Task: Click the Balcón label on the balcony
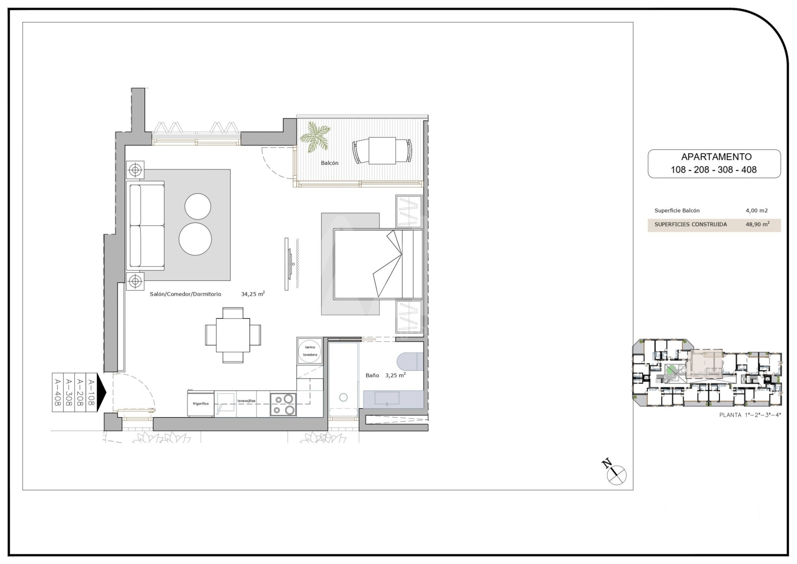[x=329, y=163]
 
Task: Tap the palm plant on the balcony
[x=315, y=137]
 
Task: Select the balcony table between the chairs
[x=382, y=151]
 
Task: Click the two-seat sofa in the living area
[x=145, y=226]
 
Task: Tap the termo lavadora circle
[x=310, y=351]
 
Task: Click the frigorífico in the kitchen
[x=201, y=403]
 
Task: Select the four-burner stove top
[x=283, y=405]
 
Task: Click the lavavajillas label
[x=246, y=401]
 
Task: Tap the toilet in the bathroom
[x=410, y=362]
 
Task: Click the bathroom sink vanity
[x=393, y=399]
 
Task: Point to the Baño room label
[x=372, y=375]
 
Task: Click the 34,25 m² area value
[x=253, y=294]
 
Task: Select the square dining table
[x=233, y=335]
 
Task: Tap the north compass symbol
[x=615, y=473]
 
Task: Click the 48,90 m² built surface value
[x=757, y=224]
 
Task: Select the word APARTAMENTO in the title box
[x=716, y=157]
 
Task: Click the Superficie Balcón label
[x=677, y=211]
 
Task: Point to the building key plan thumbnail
[x=707, y=372]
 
